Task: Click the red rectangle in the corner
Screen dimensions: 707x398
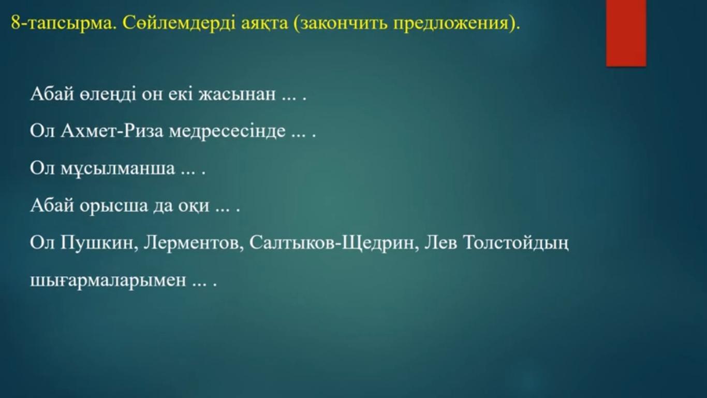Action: point(626,33)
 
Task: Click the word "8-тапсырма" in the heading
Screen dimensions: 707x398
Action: point(62,23)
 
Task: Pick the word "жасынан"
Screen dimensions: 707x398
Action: point(237,94)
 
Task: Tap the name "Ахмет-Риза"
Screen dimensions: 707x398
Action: point(112,130)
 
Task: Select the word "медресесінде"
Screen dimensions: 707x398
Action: point(227,131)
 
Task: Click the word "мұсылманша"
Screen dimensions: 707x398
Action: point(117,168)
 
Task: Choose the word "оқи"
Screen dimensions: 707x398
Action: point(194,206)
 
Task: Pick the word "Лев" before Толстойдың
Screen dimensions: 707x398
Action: point(441,243)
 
